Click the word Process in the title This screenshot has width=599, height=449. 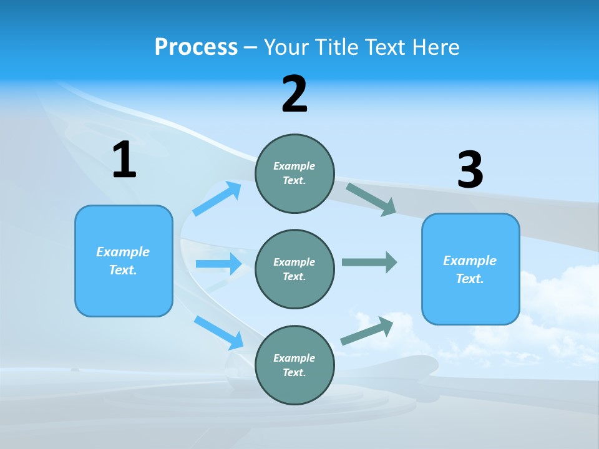pyautogui.click(x=196, y=47)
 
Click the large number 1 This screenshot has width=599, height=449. pyautogui.click(x=124, y=160)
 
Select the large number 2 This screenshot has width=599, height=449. pyautogui.click(x=295, y=94)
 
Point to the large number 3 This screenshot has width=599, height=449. pyautogui.click(x=470, y=170)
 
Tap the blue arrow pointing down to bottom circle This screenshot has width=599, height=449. pyautogui.click(x=219, y=332)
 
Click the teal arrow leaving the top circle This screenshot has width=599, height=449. pyautogui.click(x=371, y=199)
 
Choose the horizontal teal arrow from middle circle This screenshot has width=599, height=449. pyautogui.click(x=369, y=262)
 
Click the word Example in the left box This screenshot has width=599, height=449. pyautogui.click(x=123, y=252)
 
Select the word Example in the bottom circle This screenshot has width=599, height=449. pyautogui.click(x=294, y=358)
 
